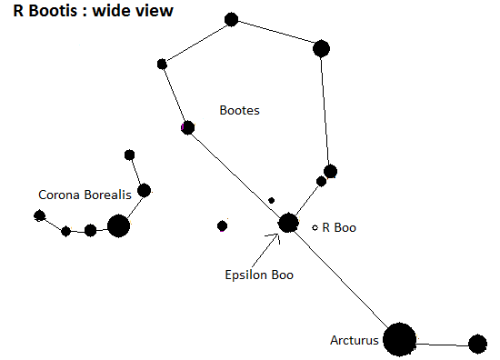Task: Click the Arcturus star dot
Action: click(400, 339)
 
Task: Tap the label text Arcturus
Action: click(355, 340)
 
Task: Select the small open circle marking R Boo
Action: click(315, 227)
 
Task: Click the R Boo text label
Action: click(339, 227)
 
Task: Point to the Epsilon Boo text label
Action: click(259, 275)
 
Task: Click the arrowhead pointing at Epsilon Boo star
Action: click(278, 235)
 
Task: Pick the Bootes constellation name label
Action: click(239, 110)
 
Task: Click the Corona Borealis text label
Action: click(85, 195)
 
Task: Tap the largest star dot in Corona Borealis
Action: click(118, 225)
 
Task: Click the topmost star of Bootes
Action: click(231, 19)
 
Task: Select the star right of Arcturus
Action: click(477, 344)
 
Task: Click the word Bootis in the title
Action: click(54, 11)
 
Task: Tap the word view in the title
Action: click(155, 11)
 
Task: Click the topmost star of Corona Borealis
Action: click(129, 155)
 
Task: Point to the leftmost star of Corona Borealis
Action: click(39, 215)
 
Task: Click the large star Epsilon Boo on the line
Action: click(288, 223)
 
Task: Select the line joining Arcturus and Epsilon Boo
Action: click(342, 278)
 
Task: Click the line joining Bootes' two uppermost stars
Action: click(276, 32)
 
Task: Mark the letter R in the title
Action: click(18, 11)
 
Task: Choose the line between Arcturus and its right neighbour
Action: click(443, 345)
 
